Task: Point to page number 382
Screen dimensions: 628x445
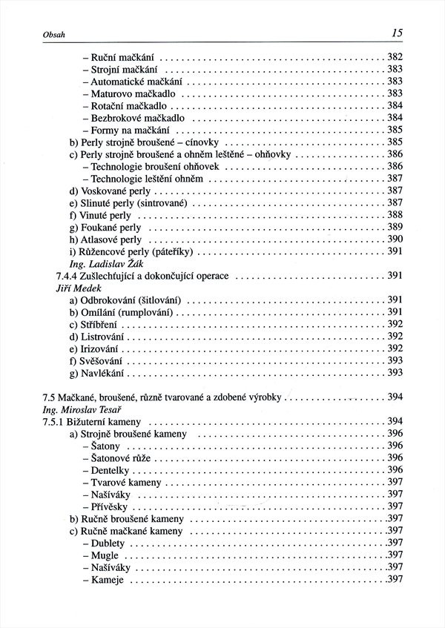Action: (395, 57)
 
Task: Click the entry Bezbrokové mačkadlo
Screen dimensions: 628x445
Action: (137, 118)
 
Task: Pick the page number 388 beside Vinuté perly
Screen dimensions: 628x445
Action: (395, 215)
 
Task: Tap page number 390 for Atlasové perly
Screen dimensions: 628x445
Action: (395, 239)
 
